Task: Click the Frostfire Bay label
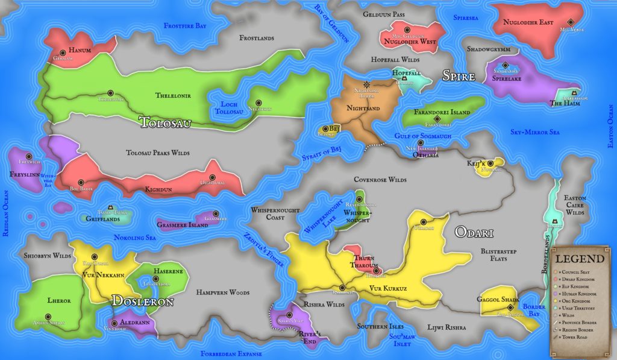(185, 26)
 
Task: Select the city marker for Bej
(325, 128)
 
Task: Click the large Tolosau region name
(165, 123)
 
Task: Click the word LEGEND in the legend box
(580, 259)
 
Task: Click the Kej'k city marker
(491, 163)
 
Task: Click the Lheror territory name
(59, 300)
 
